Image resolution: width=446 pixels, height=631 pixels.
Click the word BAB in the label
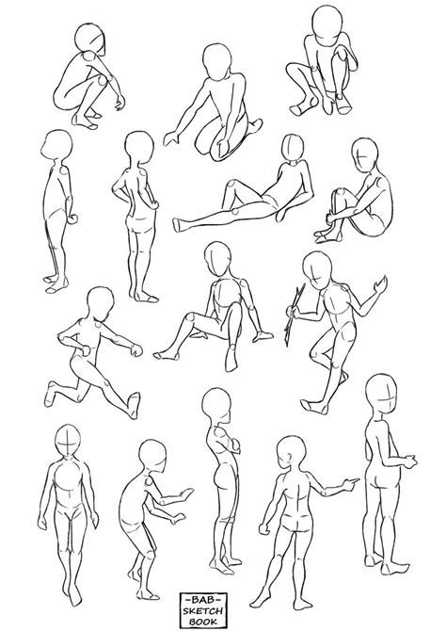point(223,595)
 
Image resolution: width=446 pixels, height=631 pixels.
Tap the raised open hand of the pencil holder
point(380,283)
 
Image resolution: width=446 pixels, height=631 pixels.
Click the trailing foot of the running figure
point(52,388)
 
